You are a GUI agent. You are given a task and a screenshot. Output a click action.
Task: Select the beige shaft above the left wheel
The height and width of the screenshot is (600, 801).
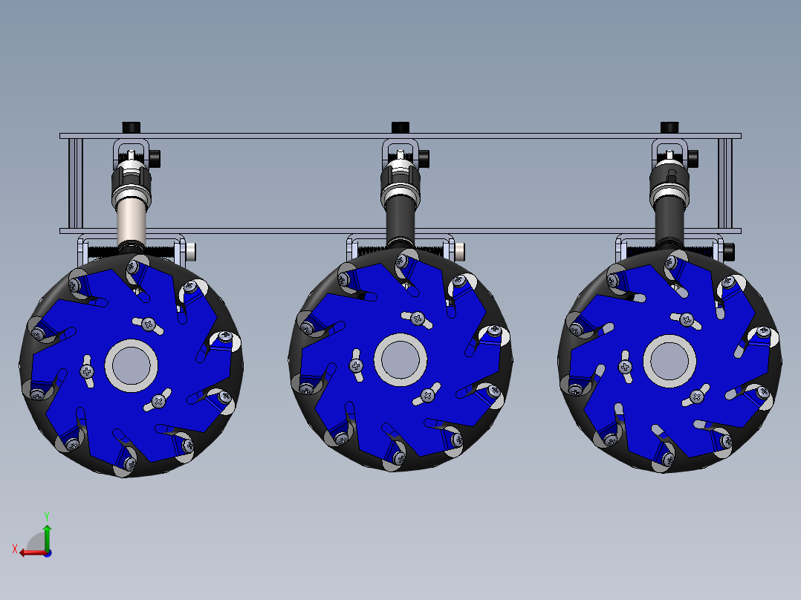(x=131, y=222)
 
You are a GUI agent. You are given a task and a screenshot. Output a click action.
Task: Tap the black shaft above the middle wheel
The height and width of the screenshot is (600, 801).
(x=400, y=219)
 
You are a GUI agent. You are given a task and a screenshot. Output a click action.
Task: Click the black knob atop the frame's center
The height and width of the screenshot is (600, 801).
(x=400, y=126)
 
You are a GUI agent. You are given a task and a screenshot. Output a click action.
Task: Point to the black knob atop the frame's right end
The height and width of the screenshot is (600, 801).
(x=669, y=126)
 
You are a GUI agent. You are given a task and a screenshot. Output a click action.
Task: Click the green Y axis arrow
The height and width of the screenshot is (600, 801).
(x=46, y=534)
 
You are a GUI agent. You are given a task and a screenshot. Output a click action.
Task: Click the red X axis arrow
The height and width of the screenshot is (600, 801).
(x=28, y=552)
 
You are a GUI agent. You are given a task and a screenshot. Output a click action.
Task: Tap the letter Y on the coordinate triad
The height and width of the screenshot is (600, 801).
(x=46, y=515)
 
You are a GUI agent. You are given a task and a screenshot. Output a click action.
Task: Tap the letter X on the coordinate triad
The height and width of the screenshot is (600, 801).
(x=14, y=549)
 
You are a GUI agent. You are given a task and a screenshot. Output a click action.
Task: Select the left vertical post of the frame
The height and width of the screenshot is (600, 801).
(x=74, y=183)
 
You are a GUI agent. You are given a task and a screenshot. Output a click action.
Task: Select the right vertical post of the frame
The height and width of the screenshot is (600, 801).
(x=726, y=183)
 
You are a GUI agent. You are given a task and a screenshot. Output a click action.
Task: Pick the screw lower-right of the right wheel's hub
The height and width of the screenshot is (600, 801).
(x=697, y=396)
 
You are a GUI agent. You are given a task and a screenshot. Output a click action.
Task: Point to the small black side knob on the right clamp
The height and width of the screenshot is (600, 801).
(x=693, y=158)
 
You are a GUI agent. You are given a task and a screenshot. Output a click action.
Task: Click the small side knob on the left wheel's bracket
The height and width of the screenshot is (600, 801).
(x=192, y=251)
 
